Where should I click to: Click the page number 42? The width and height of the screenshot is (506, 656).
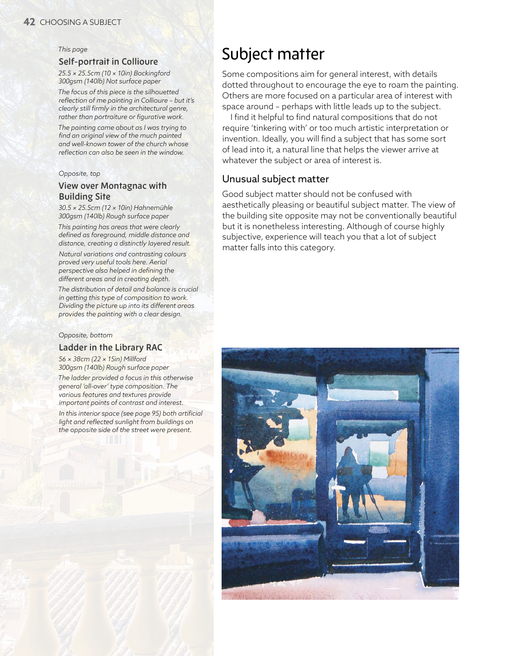coord(29,22)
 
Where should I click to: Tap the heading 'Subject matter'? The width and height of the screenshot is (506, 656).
coord(273,54)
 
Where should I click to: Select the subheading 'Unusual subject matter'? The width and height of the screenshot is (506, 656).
coord(275,179)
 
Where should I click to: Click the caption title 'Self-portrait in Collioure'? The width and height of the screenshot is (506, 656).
coord(108,62)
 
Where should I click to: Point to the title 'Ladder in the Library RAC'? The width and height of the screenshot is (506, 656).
coord(110,348)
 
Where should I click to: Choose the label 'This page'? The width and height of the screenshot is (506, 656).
coord(73,49)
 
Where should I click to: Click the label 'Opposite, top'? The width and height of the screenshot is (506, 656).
coord(79,173)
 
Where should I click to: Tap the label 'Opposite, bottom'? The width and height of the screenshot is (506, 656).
coord(85,335)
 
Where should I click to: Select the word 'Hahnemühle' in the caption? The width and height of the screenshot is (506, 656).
coord(153,208)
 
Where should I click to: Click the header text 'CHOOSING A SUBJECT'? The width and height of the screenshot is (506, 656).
coord(81,22)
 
